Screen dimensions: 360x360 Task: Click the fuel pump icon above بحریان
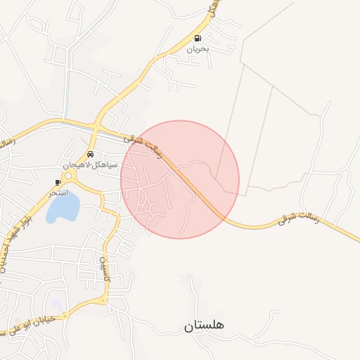pyautogui.click(x=198, y=39)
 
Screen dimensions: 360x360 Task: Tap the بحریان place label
pyautogui.click(x=198, y=50)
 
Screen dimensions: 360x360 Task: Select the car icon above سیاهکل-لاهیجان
pyautogui.click(x=91, y=154)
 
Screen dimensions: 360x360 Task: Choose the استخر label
pyautogui.click(x=58, y=192)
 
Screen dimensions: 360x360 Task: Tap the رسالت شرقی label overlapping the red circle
pyautogui.click(x=143, y=146)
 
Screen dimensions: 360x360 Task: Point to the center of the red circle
pyautogui.click(x=180, y=179)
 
